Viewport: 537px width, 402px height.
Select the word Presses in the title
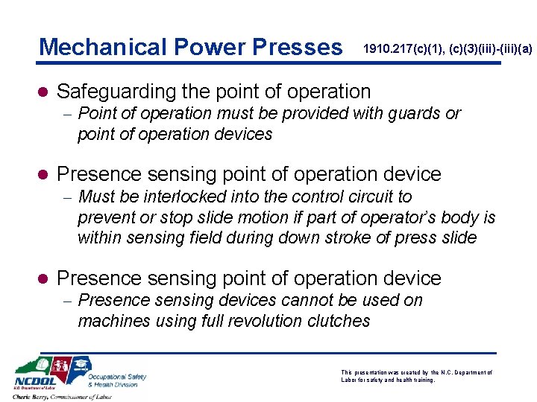point(296,47)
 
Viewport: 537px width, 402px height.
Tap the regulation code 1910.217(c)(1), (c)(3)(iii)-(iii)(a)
point(447,49)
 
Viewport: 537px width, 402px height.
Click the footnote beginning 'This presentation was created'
point(416,375)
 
